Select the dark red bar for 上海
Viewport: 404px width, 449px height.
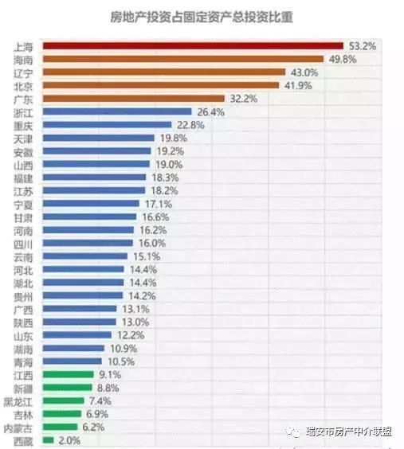pos(192,46)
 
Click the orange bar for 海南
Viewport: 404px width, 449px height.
pos(182,59)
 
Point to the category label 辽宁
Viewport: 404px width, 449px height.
pos(24,72)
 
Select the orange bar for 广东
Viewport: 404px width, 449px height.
pos(134,99)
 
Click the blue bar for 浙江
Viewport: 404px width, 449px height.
pos(117,112)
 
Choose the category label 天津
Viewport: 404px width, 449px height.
pos(24,139)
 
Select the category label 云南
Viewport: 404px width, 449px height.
pos(24,256)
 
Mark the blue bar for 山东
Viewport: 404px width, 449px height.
pos(76,335)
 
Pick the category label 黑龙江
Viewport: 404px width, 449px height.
pos(20,400)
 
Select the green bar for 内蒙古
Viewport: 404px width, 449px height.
pos(59,427)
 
